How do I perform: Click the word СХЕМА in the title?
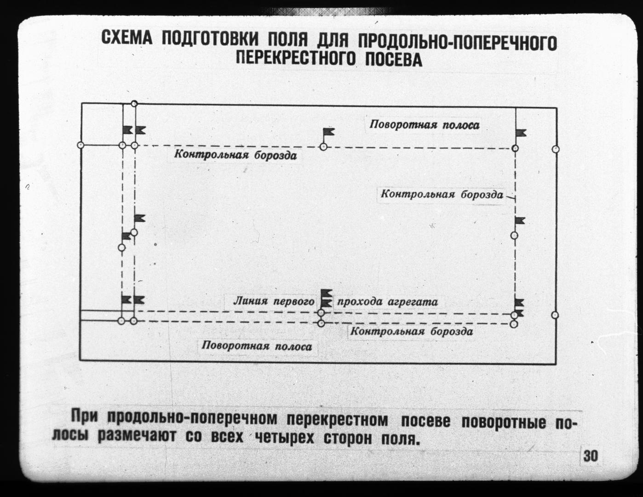127,38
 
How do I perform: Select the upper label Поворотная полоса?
425,125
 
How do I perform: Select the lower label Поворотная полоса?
257,346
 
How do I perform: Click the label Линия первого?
274,301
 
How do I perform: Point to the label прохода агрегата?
387,302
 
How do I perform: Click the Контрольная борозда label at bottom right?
412,331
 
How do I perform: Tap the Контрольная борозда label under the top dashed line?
235,155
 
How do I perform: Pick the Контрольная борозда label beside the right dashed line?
442,194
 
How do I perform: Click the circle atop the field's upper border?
134,104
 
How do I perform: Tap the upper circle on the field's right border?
556,149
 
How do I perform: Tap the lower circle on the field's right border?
555,315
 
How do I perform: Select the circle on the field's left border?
80,145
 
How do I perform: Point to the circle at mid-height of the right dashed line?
515,236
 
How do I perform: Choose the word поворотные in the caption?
504,422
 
